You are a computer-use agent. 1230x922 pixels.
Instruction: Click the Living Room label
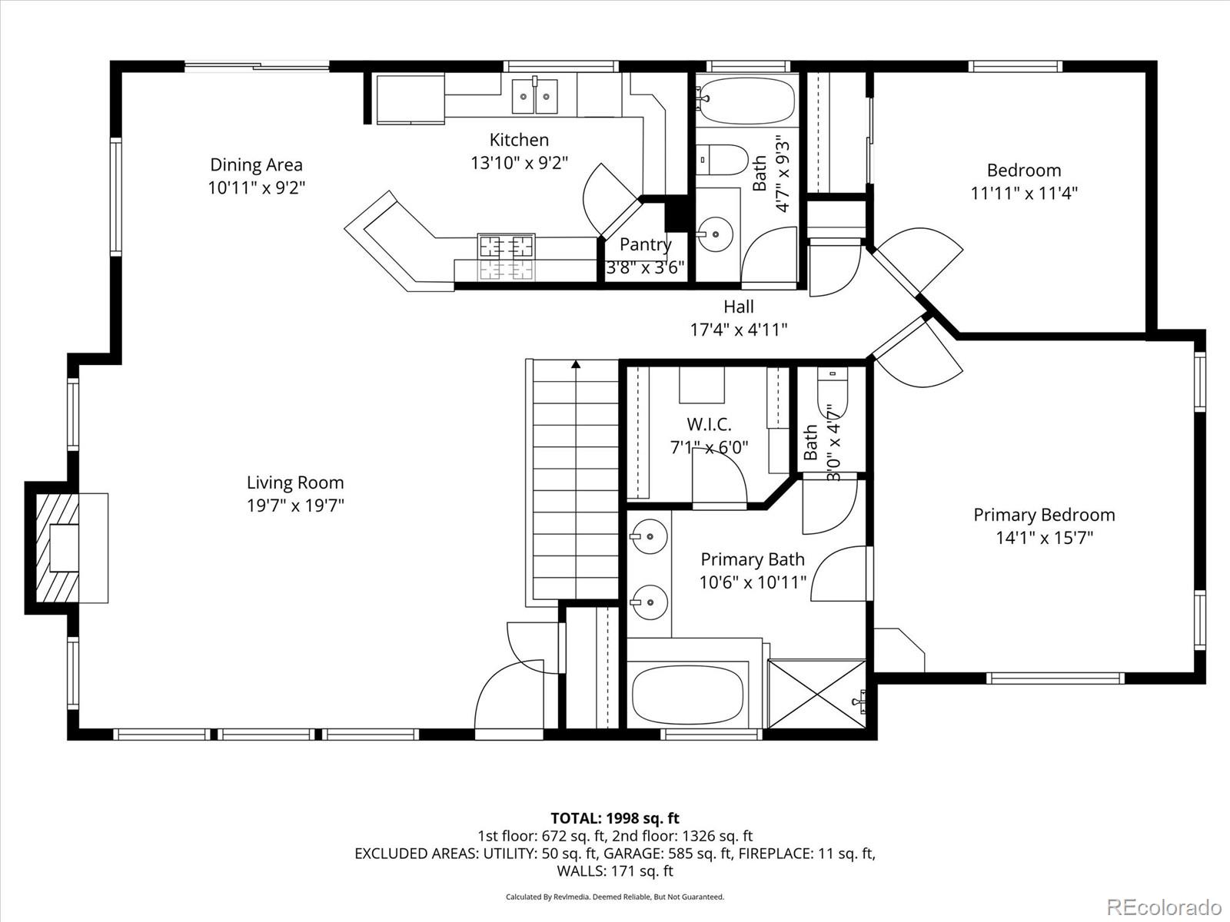pyautogui.click(x=295, y=483)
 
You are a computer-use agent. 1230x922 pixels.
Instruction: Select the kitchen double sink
pyautogui.click(x=535, y=96)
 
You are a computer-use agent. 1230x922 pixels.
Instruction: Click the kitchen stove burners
pyautogui.click(x=507, y=247)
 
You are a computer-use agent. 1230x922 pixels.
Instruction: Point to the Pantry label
pyautogui.click(x=645, y=244)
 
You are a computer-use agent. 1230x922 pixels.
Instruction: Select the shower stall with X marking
pyautogui.click(x=816, y=693)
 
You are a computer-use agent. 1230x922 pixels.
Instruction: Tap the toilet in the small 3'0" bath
pyautogui.click(x=832, y=392)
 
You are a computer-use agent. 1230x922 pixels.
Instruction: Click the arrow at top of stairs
pyautogui.click(x=576, y=365)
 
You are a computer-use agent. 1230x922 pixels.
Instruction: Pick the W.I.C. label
pyautogui.click(x=709, y=424)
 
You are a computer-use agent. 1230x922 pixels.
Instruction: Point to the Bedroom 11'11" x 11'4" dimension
pyautogui.click(x=1024, y=193)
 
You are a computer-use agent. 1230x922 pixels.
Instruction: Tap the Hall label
pyautogui.click(x=738, y=307)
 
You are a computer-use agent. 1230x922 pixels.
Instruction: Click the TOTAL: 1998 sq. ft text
pyautogui.click(x=615, y=818)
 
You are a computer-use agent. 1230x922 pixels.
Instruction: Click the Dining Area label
pyautogui.click(x=257, y=164)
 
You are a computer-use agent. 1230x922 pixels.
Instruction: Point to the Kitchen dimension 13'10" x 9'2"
pyautogui.click(x=519, y=163)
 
